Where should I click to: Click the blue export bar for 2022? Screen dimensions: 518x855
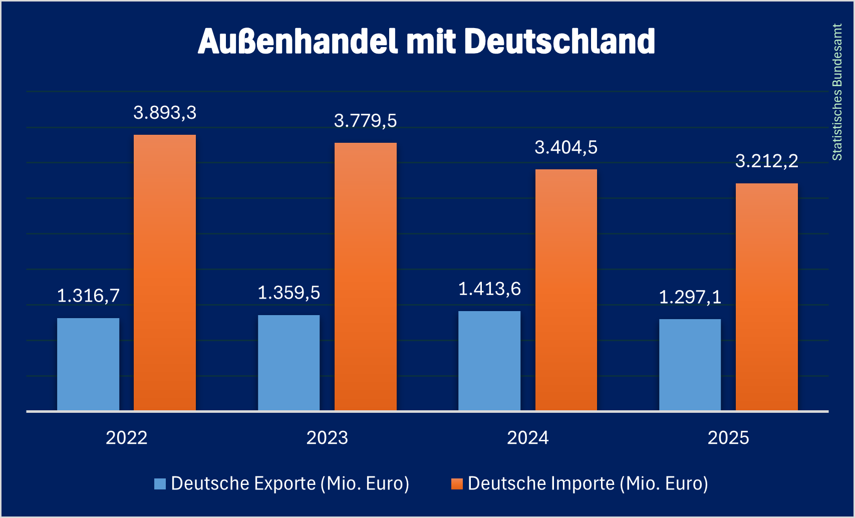[x=88, y=364]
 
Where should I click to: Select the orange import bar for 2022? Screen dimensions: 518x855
[x=165, y=273]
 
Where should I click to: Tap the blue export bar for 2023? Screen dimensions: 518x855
[x=289, y=363]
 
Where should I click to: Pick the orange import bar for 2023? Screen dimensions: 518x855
[x=366, y=277]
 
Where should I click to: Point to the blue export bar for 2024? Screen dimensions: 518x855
[x=489, y=361]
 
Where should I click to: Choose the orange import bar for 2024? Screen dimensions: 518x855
[x=566, y=290]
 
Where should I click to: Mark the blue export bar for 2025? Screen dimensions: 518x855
[x=690, y=365]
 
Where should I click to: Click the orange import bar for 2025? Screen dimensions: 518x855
[x=766, y=297]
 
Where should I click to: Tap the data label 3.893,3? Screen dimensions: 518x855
[x=165, y=113]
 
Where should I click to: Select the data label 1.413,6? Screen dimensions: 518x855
[x=489, y=289]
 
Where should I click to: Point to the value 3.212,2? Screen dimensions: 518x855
[x=766, y=161]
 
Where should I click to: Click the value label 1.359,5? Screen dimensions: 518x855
[x=289, y=293]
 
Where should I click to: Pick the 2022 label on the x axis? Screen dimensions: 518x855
[x=127, y=438]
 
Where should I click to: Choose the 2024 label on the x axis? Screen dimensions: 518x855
[x=528, y=438]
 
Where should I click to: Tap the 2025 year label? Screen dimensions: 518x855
[x=728, y=438]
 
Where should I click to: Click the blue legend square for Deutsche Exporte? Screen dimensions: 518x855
[x=160, y=484]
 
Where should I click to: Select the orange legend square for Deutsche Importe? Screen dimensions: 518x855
[x=456, y=484]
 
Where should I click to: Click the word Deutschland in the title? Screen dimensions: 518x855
[x=559, y=41]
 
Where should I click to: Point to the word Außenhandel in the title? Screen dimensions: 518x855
[x=298, y=41]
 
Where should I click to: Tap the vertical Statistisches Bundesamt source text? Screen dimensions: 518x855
[x=837, y=92]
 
